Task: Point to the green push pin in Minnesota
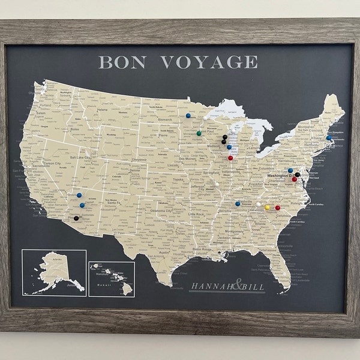tap(199, 133)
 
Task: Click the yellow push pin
tap(267, 208)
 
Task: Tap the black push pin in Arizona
tap(76, 218)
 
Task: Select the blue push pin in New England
tap(329, 137)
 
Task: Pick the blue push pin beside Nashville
tap(238, 203)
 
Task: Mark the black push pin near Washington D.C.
tap(297, 175)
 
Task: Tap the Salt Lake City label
tap(80, 157)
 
